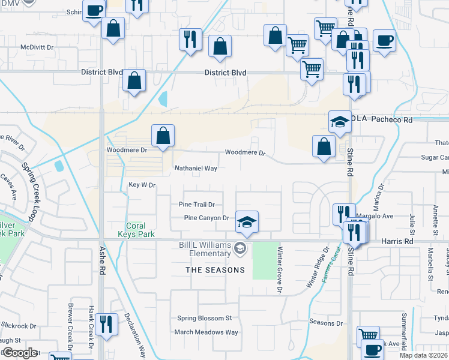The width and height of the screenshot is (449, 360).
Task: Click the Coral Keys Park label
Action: click(x=136, y=230)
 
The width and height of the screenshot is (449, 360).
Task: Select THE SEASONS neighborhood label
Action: click(x=215, y=270)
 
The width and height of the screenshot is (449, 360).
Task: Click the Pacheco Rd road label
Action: click(x=393, y=120)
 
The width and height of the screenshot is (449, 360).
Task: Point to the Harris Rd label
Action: click(x=397, y=241)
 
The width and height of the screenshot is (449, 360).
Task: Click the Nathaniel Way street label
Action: click(x=195, y=169)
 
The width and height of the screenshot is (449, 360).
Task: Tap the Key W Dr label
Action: click(x=142, y=185)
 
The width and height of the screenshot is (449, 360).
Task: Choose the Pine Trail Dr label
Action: click(x=196, y=205)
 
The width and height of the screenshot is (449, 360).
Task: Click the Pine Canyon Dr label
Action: click(x=207, y=218)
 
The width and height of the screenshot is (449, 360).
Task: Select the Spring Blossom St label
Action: click(x=204, y=318)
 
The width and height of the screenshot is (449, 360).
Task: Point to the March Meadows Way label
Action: click(x=206, y=332)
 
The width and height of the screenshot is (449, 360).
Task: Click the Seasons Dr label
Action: click(x=326, y=323)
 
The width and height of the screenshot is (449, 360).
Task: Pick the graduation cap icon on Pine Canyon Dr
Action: click(x=247, y=221)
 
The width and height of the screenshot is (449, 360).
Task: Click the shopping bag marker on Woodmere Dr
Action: click(x=163, y=136)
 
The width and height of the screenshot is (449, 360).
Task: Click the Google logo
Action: click(x=20, y=353)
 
